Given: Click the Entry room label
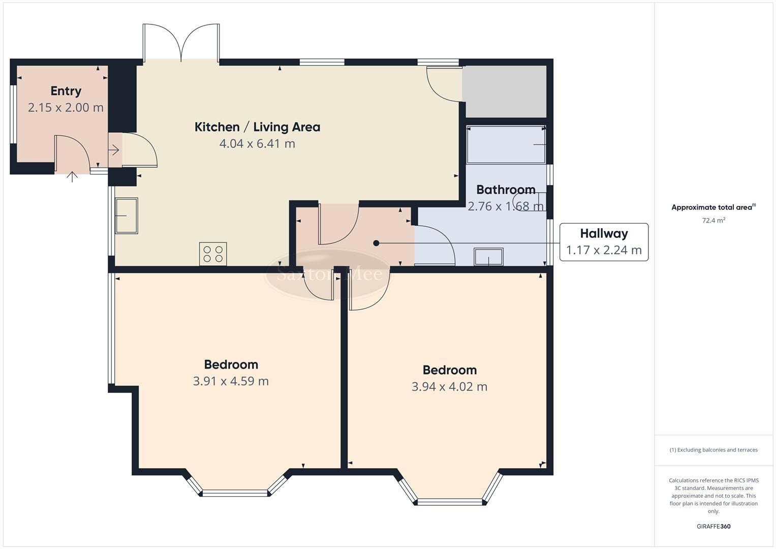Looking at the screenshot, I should (66, 91).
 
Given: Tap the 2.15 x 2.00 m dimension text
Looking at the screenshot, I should (66, 108).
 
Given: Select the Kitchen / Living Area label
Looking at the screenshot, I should (257, 127).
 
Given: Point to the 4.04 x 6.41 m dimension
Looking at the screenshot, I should (257, 144).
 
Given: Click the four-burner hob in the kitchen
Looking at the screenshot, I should (213, 254).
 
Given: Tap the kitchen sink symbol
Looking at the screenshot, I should (126, 216).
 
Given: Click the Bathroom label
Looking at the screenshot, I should (506, 190).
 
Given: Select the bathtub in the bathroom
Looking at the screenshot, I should (506, 145).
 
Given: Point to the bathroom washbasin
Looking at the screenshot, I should (488, 257).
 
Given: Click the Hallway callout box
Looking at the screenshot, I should (604, 242).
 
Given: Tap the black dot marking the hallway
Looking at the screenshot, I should (376, 243).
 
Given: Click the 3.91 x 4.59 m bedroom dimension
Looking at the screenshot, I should (231, 381).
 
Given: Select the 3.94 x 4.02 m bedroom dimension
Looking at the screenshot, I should (449, 387).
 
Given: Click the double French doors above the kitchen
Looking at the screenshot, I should (181, 43).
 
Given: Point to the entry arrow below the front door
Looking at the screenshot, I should (73, 177).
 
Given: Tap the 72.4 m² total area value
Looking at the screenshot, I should (713, 221).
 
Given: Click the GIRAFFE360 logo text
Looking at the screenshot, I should (713, 526).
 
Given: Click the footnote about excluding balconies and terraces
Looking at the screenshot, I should (713, 450).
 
